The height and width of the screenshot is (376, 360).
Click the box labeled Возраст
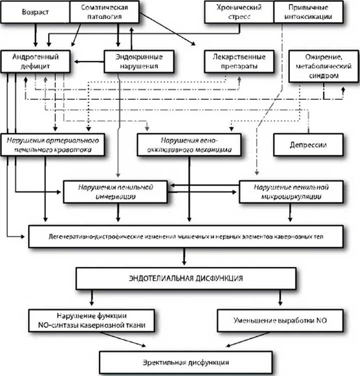click(x=36, y=12)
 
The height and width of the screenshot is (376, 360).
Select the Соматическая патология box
click(x=105, y=12)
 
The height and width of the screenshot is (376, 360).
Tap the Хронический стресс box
click(x=239, y=12)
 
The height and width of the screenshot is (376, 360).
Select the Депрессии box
click(x=308, y=145)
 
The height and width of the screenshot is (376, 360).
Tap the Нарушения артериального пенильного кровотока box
click(x=55, y=145)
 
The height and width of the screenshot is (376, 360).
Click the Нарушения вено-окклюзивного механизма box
click(x=189, y=145)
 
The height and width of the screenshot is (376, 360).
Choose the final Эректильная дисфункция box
click(x=185, y=362)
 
